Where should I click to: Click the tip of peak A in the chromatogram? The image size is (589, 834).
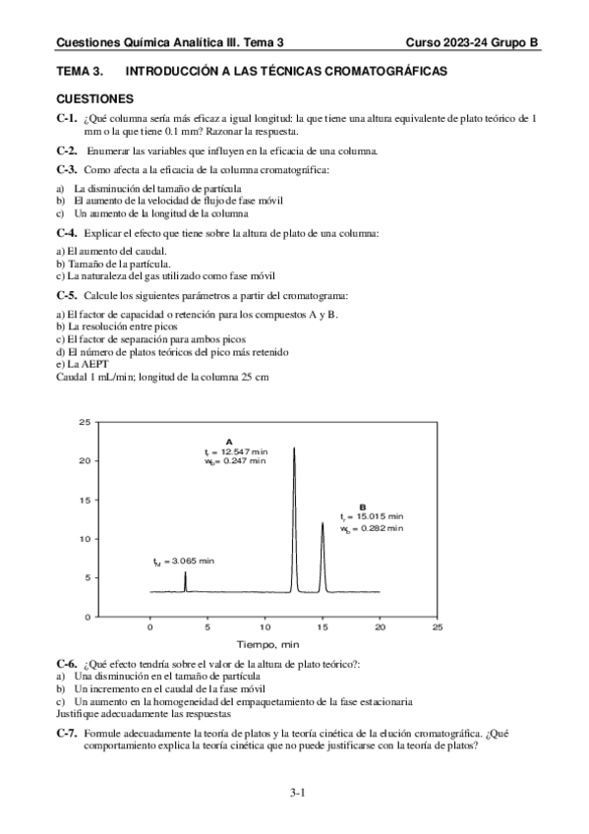tap(294, 447)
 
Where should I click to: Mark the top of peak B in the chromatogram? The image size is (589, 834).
tap(323, 523)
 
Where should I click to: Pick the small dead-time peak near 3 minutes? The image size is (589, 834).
tap(186, 572)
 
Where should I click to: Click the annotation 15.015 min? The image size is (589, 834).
tap(378, 515)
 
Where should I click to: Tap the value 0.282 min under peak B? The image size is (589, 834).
tap(378, 528)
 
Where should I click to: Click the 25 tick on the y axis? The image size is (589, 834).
tap(85, 421)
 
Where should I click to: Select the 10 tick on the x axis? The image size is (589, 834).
tap(265, 625)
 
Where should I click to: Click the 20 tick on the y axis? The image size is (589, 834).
tap(85, 460)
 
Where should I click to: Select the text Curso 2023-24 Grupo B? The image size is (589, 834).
tap(472, 43)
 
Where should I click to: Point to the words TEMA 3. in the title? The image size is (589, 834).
tap(81, 73)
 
